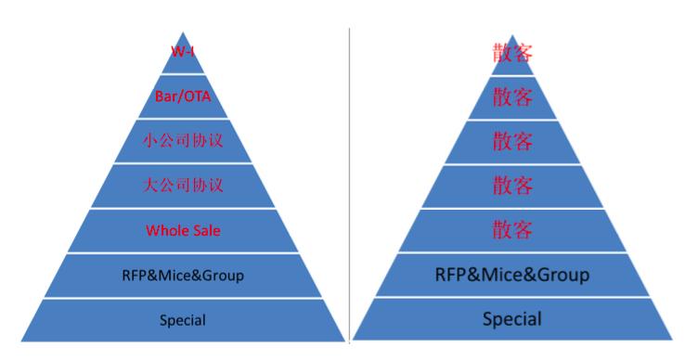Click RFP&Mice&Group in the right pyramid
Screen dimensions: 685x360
(512, 274)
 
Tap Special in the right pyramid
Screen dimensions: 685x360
(512, 319)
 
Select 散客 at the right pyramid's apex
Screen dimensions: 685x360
(512, 52)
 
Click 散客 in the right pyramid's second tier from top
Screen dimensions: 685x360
(512, 96)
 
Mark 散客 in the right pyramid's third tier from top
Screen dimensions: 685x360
(512, 141)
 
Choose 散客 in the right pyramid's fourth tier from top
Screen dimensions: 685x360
(512, 186)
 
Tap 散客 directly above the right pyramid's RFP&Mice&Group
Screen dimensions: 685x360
(512, 229)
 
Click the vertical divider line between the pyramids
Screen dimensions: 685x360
(349, 186)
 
